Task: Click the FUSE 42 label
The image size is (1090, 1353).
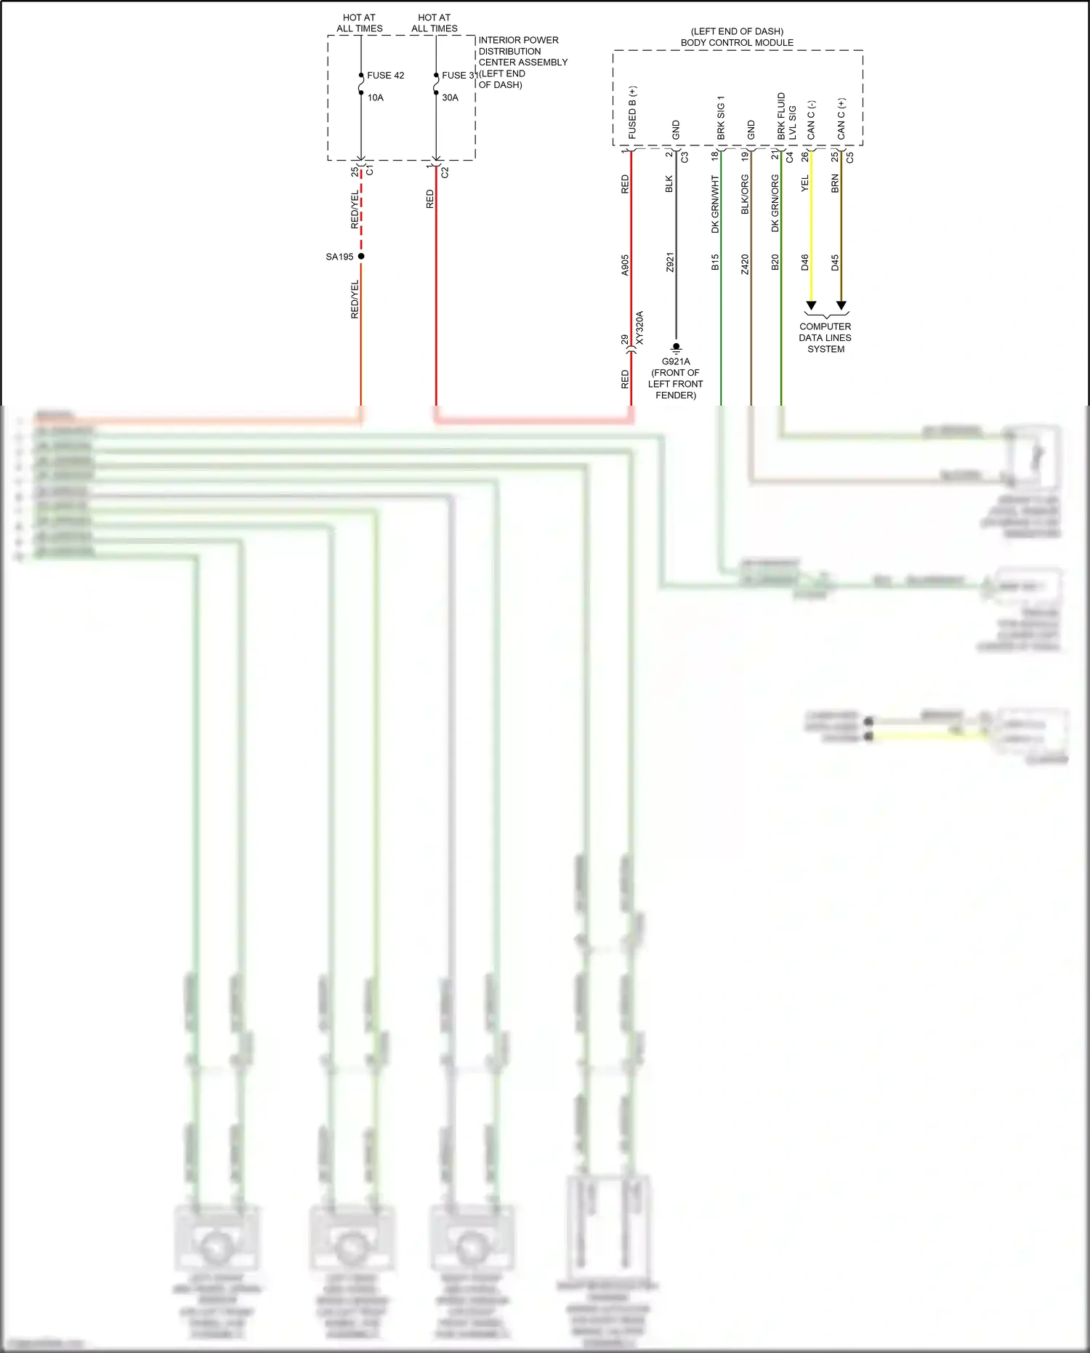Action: coord(385,76)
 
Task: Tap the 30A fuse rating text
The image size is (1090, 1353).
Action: coord(450,98)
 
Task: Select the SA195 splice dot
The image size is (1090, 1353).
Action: coord(361,256)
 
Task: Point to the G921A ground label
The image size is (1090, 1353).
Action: coord(676,361)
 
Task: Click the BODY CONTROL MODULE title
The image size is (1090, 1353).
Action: coord(737,43)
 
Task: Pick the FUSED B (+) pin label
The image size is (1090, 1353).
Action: coord(633,113)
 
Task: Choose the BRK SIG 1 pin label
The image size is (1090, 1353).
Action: coord(721,117)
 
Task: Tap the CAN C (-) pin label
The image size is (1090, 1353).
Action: coord(811,120)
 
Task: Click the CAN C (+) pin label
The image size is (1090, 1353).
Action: coord(841,119)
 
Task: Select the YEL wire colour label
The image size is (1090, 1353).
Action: coord(805,184)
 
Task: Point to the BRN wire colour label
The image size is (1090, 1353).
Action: coord(836,184)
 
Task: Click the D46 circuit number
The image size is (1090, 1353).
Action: coord(805,262)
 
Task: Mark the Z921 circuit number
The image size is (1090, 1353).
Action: coord(670,262)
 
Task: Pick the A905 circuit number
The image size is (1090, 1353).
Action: coord(625,265)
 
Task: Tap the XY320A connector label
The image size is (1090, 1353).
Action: coord(640,328)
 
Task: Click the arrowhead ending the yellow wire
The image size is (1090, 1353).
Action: coord(811,305)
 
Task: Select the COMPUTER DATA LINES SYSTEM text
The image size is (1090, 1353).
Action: coord(825,338)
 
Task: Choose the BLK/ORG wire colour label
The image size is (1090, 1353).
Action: coord(745,195)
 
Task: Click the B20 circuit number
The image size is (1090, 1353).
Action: coord(775,262)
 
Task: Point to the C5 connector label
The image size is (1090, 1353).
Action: coord(850,156)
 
